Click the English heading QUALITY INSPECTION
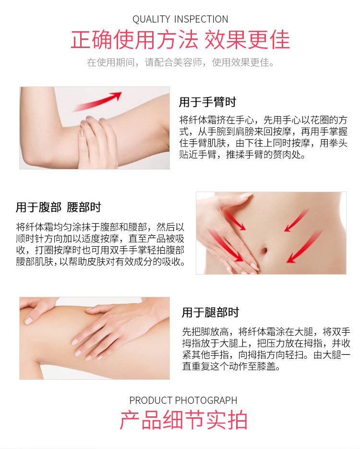[x=180, y=19]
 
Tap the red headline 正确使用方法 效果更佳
[x=180, y=39]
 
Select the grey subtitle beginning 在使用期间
[x=180, y=62]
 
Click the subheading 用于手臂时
[x=207, y=102]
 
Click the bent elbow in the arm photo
[x=32, y=155]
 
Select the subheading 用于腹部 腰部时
[x=59, y=207]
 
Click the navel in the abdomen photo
[x=264, y=251]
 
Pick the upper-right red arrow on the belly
[x=296, y=220]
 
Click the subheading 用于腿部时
[x=210, y=312]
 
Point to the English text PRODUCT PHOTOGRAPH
[x=183, y=400]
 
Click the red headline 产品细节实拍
[x=183, y=420]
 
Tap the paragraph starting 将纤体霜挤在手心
[x=263, y=137]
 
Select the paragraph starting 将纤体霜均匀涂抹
[x=100, y=244]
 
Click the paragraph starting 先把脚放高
[x=266, y=349]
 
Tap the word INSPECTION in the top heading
[x=201, y=19]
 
